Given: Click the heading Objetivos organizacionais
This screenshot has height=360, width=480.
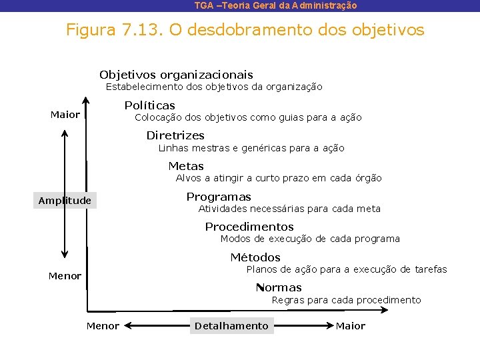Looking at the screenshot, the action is tap(176, 75).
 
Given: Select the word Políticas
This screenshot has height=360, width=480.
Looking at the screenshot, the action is tap(149, 105).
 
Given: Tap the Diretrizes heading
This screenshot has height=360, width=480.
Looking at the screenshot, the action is tap(175, 135).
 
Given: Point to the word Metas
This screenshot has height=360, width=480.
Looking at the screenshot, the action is tap(186, 166).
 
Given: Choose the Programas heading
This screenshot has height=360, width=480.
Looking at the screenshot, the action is tap(219, 197).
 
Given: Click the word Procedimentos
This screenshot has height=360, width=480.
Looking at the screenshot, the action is tap(249, 227).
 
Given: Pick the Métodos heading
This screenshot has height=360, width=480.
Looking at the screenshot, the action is tap(255, 257).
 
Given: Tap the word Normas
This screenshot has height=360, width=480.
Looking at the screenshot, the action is tap(279, 287).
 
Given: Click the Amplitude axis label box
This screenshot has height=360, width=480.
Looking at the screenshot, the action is tap(65, 201).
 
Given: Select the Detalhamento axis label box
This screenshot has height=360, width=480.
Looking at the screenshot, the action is tap(231, 325).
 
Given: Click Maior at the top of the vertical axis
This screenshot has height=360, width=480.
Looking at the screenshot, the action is tap(65, 115).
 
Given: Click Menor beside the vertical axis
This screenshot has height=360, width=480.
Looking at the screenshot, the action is tap(65, 275).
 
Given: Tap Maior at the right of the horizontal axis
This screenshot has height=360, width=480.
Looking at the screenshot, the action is tap(351, 325).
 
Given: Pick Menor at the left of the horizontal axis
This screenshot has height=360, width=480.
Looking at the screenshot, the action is tap(103, 325).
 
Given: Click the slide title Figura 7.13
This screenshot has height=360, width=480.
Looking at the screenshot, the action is tap(245, 30).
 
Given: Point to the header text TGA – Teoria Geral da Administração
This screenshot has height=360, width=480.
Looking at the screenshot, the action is tap(275, 5).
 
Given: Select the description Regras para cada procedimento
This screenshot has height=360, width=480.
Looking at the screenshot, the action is tap(346, 300).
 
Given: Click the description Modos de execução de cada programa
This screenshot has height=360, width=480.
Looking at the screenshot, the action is tap(310, 239).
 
